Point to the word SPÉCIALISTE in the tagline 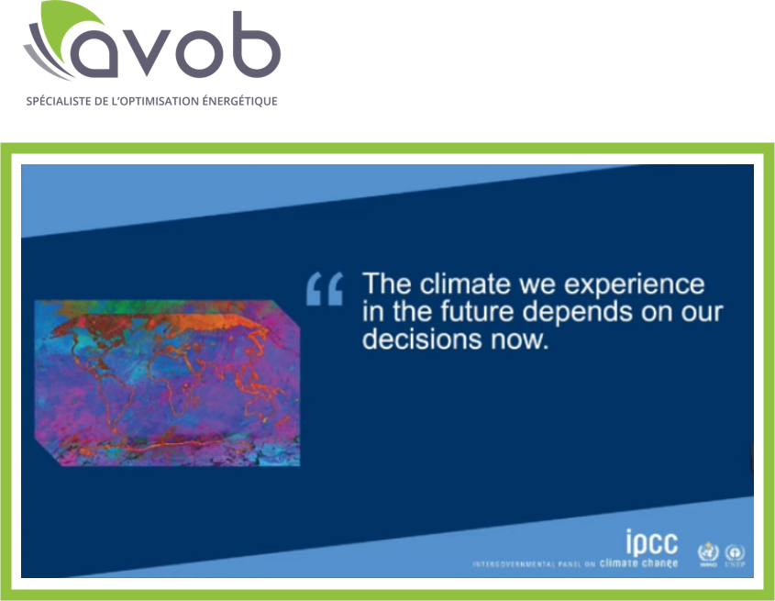click(54, 100)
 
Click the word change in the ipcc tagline click(658, 562)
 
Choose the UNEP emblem click(735, 553)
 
